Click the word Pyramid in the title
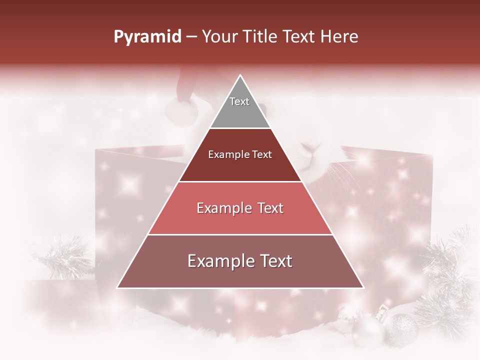pyautogui.click(x=147, y=37)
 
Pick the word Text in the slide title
pyautogui.click(x=300, y=37)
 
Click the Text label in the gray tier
pyautogui.click(x=239, y=101)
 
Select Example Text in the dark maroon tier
pyautogui.click(x=240, y=155)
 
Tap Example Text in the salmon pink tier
pyautogui.click(x=240, y=208)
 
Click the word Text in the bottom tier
pyautogui.click(x=275, y=261)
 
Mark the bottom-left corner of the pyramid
pyautogui.click(x=117, y=287)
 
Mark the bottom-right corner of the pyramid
pyautogui.click(x=363, y=287)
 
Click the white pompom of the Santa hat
pyautogui.click(x=181, y=111)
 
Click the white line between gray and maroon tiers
pyautogui.click(x=240, y=128)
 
